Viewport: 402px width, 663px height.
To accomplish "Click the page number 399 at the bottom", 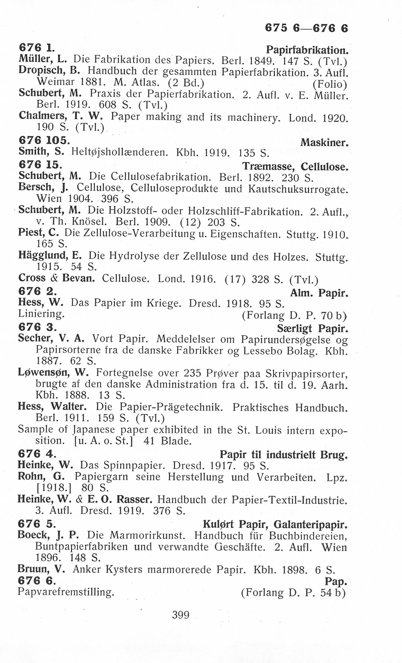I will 181,615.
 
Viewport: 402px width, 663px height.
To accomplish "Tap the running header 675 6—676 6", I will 307,28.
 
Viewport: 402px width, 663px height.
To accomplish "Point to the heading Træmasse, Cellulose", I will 295,166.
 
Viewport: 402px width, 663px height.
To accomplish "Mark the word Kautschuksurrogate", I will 297,189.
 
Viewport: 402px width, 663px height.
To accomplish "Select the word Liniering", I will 41,314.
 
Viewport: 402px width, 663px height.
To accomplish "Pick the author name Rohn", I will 32,476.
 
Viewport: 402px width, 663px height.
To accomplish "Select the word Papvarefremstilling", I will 66,592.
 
